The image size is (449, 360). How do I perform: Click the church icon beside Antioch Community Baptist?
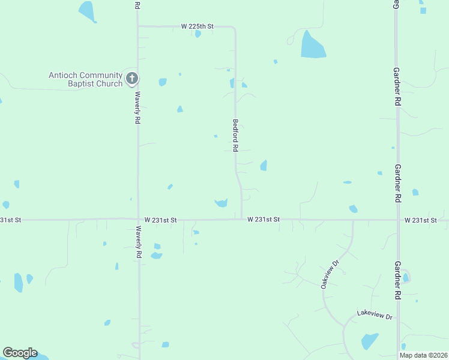[133, 78]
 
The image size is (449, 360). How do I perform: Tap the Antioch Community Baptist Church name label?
[86, 79]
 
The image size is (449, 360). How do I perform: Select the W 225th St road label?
[197, 26]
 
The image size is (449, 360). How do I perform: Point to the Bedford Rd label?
[235, 134]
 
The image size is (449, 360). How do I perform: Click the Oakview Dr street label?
[330, 274]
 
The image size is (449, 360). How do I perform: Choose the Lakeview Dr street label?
[374, 314]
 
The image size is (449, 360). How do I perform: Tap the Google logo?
[20, 353]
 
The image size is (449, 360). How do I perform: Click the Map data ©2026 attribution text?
[423, 355]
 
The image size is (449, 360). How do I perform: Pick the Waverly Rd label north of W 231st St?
[137, 107]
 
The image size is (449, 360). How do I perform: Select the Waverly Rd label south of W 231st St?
[139, 242]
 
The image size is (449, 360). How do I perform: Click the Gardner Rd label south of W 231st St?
[397, 280]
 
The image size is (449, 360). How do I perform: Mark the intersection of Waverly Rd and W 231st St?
[139, 220]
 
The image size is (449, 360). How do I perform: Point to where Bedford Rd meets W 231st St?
[241, 220]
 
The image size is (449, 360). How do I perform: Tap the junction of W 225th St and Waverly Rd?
[138, 26]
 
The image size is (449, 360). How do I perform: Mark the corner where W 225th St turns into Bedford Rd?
[234, 28]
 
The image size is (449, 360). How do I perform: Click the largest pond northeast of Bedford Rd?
[312, 46]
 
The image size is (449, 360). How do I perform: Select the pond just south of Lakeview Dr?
[370, 341]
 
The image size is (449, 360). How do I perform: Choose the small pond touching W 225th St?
[197, 34]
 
